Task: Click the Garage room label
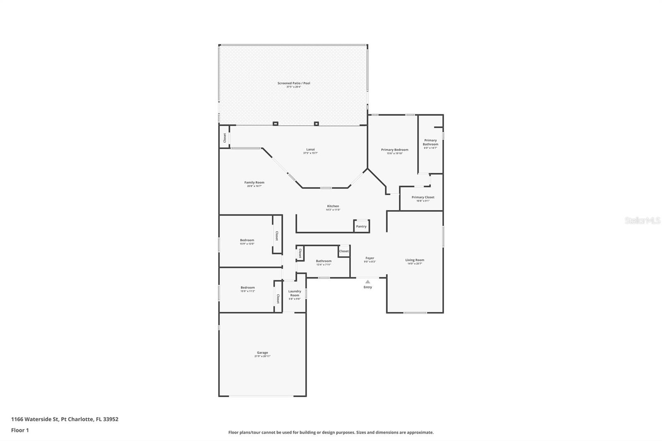click(262, 353)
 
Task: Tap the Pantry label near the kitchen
click(361, 226)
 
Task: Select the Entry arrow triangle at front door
click(367, 282)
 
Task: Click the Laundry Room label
click(295, 293)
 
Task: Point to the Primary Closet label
click(423, 197)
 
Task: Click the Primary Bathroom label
click(430, 142)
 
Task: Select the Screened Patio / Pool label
click(293, 83)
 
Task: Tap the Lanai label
click(310, 149)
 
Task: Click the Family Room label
click(254, 182)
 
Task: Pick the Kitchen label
click(333, 206)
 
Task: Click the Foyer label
click(369, 258)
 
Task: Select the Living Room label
click(415, 260)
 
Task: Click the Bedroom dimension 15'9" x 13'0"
click(247, 244)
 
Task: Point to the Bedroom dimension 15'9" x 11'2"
click(247, 291)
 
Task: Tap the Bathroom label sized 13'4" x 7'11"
click(324, 261)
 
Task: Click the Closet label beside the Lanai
click(225, 137)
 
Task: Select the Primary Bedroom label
click(394, 150)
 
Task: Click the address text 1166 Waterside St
click(35, 419)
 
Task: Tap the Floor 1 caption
click(20, 430)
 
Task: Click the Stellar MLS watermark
click(642, 221)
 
